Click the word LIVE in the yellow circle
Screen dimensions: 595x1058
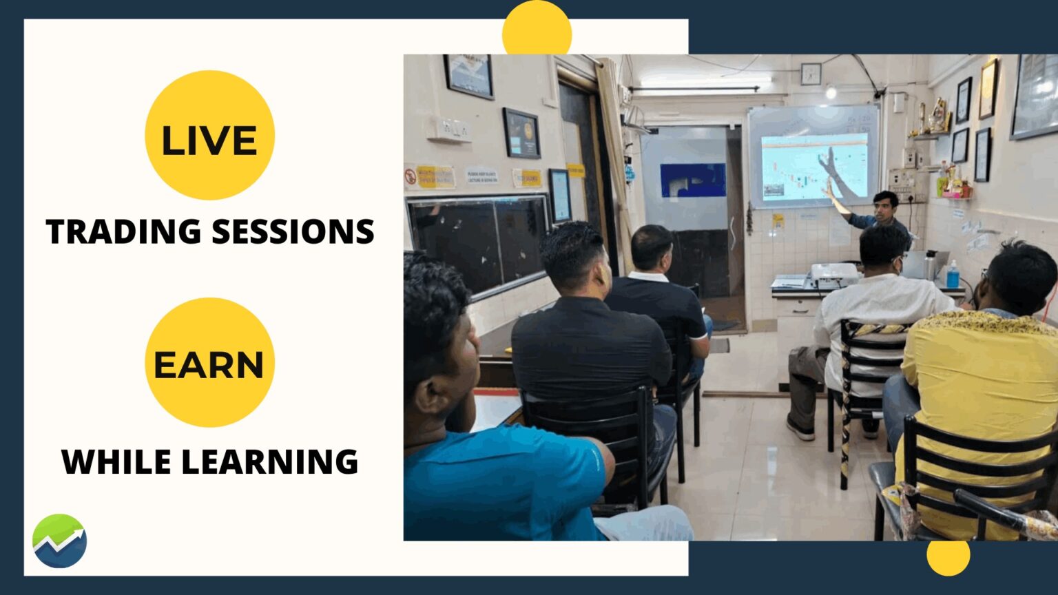point(209,140)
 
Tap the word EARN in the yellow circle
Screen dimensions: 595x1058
point(209,365)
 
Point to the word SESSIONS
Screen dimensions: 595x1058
point(293,231)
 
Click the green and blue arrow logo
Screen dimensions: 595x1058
point(59,541)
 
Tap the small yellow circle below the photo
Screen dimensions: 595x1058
point(948,556)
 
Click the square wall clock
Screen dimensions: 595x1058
point(811,74)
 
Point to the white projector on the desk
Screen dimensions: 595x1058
point(833,275)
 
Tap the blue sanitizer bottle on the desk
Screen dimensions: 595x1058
point(953,275)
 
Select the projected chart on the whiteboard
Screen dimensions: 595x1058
point(813,167)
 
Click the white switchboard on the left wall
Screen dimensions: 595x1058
point(448,129)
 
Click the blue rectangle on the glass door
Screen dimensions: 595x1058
point(692,180)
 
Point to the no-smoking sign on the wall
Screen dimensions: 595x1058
point(411,177)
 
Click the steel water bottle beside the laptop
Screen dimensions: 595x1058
point(930,265)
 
